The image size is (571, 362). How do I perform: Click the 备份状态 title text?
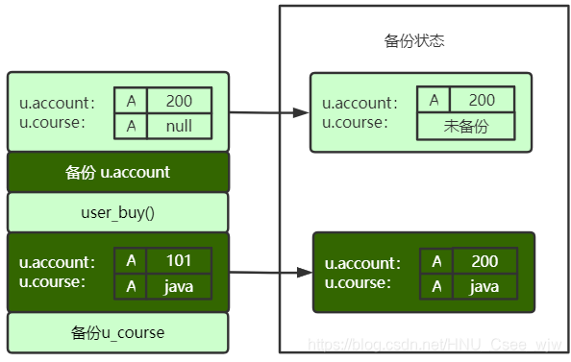[x=413, y=41]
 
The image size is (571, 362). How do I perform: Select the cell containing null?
[x=178, y=126]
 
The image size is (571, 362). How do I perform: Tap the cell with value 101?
[x=178, y=261]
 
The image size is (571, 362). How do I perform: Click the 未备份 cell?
[x=466, y=126]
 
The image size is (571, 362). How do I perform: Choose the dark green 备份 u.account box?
[x=117, y=173]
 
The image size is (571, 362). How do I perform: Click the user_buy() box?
[x=117, y=212]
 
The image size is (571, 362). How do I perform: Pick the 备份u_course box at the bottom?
[x=117, y=332]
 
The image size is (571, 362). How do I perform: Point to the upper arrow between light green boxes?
[x=269, y=113]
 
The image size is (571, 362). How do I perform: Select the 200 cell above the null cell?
[x=178, y=101]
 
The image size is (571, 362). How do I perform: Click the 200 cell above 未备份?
[x=482, y=100]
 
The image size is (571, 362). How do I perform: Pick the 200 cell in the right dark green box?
[x=484, y=261]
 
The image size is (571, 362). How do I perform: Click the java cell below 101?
[x=178, y=286]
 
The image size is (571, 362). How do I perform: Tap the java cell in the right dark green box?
[x=484, y=286]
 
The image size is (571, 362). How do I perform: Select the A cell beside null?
[x=130, y=126]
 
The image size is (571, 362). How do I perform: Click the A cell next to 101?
[x=130, y=261]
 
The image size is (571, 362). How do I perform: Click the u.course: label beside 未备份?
[x=355, y=122]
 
